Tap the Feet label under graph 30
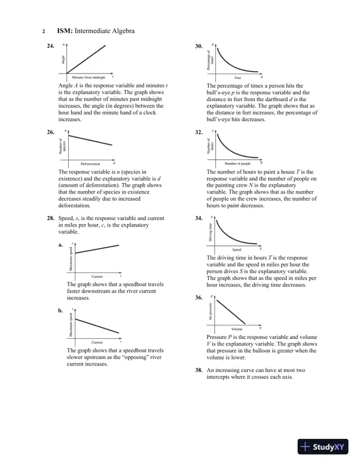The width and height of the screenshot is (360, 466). coord(237,78)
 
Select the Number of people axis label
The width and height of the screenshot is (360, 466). coord(238,164)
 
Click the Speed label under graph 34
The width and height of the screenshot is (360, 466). coord(237,249)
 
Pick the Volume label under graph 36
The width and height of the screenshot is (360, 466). coord(237,328)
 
